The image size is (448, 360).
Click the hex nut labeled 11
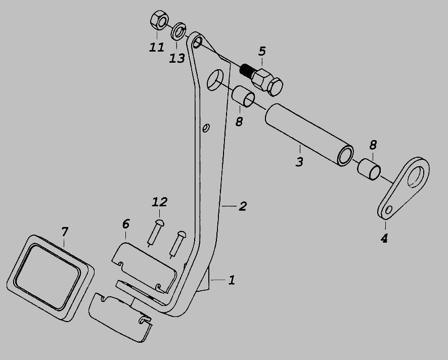(159, 20)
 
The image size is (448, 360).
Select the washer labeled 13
(178, 31)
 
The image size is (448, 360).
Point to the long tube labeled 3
(309, 135)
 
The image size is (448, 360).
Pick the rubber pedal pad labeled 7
(50, 278)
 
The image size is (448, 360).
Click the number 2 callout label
(243, 206)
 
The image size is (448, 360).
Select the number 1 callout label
(232, 280)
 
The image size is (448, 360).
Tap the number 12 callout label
(159, 202)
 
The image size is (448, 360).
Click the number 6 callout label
(126, 224)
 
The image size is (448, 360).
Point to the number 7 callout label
(65, 232)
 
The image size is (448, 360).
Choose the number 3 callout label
(299, 162)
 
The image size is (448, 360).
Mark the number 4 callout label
(384, 238)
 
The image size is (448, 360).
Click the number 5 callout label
(262, 52)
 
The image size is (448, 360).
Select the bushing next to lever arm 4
(369, 170)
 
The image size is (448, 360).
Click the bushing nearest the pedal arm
(243, 97)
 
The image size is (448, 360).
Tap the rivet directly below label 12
(155, 233)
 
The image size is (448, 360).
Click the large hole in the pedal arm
(215, 80)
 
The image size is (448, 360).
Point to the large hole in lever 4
(416, 177)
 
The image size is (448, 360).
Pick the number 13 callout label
(177, 59)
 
